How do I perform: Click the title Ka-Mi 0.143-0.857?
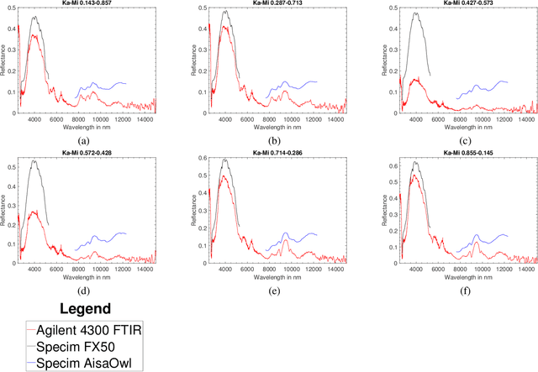click(x=83, y=3)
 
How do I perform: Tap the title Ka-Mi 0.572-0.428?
click(x=83, y=152)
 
